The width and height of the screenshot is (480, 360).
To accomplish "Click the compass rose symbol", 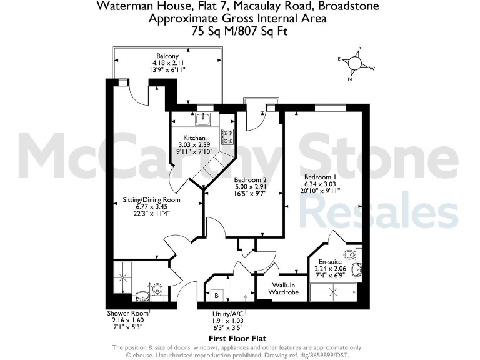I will [355, 63].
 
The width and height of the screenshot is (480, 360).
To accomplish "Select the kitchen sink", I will [203, 119].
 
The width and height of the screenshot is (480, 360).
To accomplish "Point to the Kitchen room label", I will [194, 137].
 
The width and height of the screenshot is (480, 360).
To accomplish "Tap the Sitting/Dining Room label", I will [151, 200].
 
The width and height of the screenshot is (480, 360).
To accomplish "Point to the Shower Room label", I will [127, 312].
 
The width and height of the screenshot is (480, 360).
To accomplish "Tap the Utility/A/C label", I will [228, 313].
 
